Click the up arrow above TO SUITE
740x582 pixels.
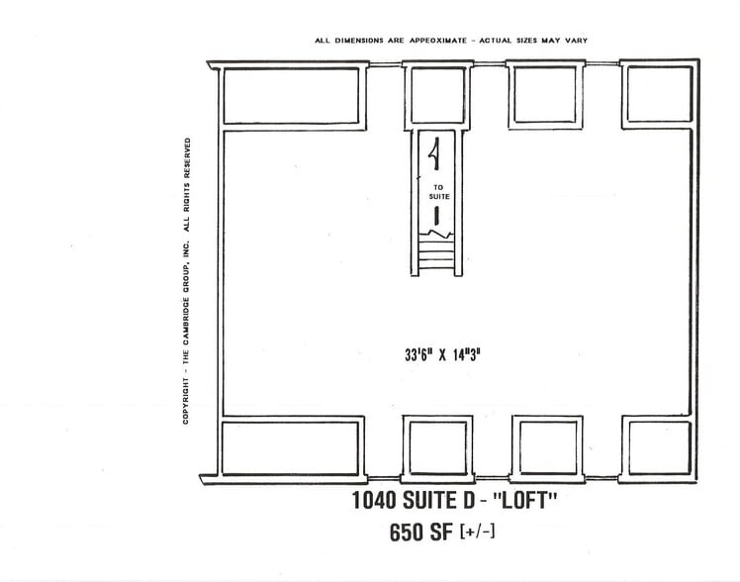pyautogui.click(x=433, y=152)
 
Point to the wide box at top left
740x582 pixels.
pyautogui.click(x=290, y=95)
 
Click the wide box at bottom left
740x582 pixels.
pyautogui.click(x=292, y=446)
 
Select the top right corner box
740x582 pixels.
pyautogui.click(x=658, y=94)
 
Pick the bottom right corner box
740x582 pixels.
pyautogui.click(x=658, y=446)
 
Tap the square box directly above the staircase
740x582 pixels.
pyautogui.click(x=435, y=95)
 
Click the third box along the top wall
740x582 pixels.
pyautogui.click(x=545, y=95)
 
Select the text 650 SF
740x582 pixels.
pyautogui.click(x=422, y=532)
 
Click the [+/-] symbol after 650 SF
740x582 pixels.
pyautogui.click(x=478, y=533)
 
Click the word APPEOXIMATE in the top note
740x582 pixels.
pyautogui.click(x=436, y=41)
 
